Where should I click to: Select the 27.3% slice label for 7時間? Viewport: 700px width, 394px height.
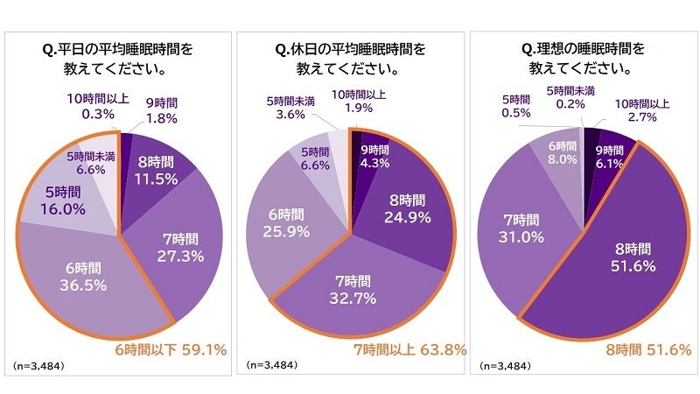(177, 256)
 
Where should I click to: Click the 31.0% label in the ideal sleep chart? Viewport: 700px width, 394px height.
(521, 236)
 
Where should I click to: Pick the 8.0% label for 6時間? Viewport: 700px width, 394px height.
(557, 159)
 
